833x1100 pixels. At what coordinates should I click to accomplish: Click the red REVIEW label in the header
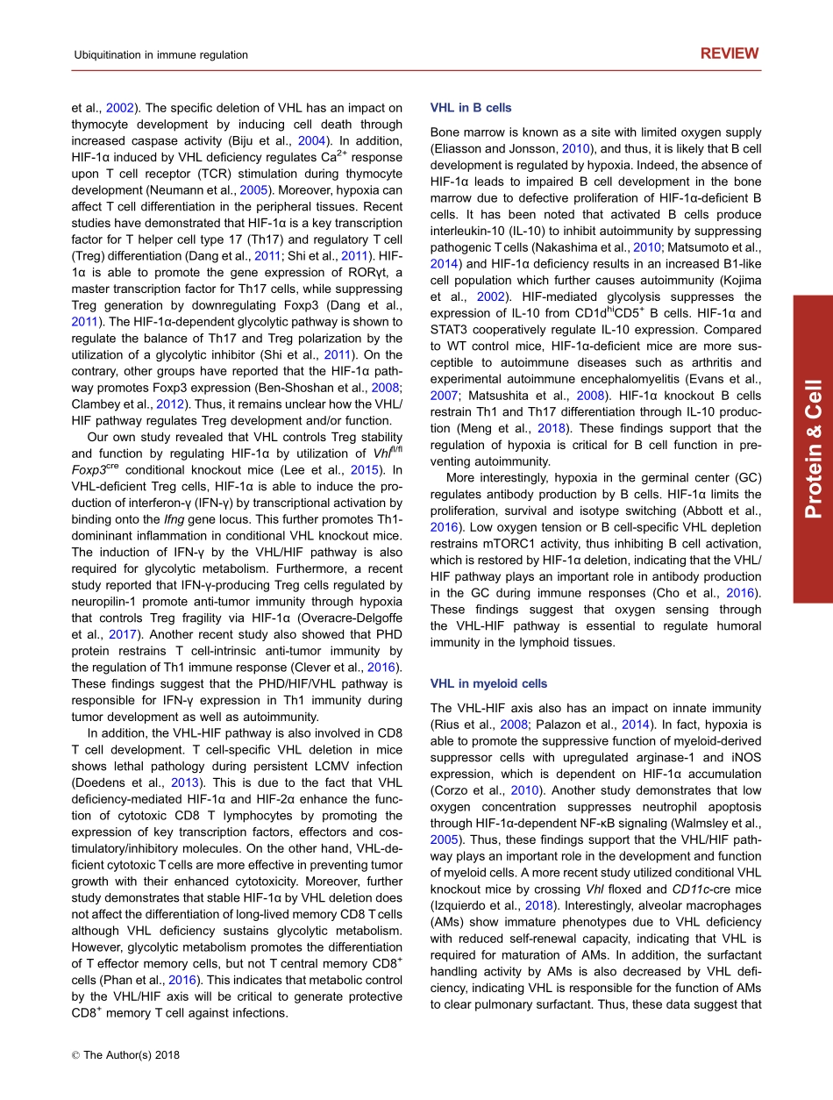[x=729, y=54]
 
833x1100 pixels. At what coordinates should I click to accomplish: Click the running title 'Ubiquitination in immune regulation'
[x=160, y=55]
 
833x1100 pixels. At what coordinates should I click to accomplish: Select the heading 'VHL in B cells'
[x=471, y=108]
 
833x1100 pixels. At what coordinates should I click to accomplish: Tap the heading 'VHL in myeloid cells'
[x=488, y=683]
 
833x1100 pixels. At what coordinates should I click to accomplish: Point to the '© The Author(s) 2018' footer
[x=125, y=1055]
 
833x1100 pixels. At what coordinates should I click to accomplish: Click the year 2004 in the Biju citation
[x=313, y=141]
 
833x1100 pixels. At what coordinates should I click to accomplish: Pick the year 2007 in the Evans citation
[x=444, y=396]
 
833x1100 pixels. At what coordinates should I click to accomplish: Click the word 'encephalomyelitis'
[x=608, y=379]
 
